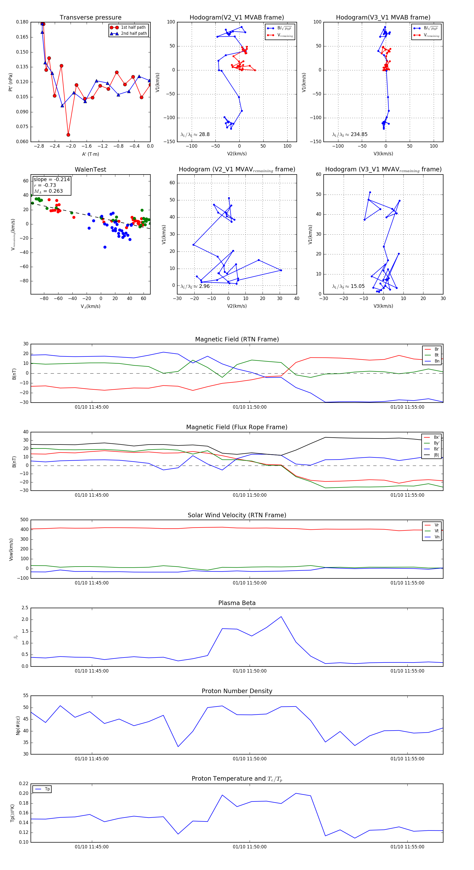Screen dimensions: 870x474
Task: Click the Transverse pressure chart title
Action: coord(90,18)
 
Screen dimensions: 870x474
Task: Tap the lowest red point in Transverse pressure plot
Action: coord(68,135)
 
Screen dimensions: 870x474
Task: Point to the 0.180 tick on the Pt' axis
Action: coord(22,22)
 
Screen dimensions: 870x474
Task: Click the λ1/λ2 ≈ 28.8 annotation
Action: coord(195,134)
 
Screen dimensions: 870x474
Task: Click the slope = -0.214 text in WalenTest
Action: coord(52,179)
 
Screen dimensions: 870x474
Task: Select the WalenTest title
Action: coord(90,170)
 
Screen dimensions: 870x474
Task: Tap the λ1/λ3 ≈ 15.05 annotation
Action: coord(348,286)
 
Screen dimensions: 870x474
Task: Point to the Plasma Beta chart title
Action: coord(237,603)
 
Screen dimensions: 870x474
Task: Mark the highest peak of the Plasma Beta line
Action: coord(281,617)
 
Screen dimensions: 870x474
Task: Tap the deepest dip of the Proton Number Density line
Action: coord(178,746)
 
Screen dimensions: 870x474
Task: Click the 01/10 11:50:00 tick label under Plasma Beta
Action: coord(249,671)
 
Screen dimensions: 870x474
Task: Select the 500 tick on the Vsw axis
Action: coord(24,520)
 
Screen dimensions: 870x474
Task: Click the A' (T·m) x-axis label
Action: coord(90,154)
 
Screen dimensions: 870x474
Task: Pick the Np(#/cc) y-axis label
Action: coord(18,726)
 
